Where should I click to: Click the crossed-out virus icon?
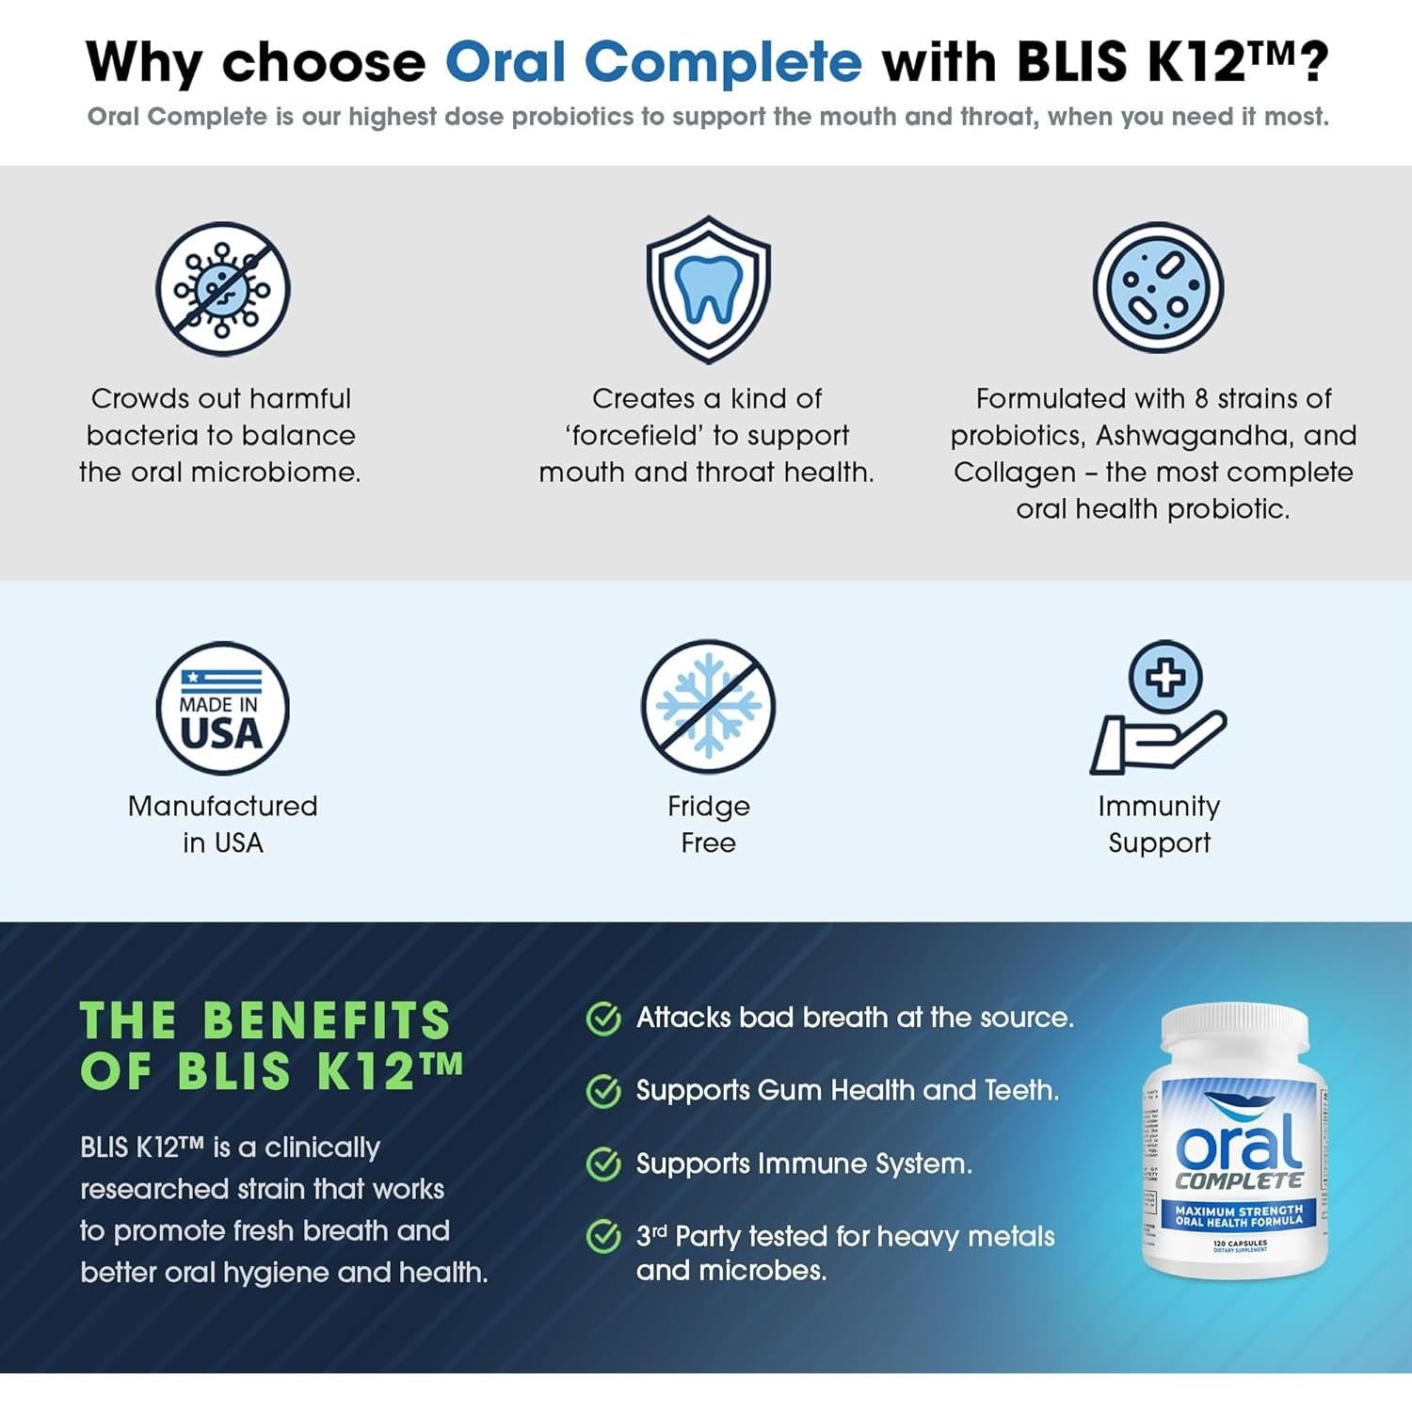(x=223, y=289)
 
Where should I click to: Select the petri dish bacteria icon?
(x=1158, y=288)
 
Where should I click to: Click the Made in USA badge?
(x=222, y=708)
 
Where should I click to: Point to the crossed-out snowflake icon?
(x=708, y=706)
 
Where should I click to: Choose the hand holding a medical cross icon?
(x=1159, y=711)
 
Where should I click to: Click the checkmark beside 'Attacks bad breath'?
(x=603, y=1019)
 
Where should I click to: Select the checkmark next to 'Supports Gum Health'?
(x=603, y=1091)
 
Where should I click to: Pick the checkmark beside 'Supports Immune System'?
(x=603, y=1164)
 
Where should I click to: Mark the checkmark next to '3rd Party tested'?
(x=603, y=1236)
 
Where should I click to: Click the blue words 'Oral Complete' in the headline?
(x=653, y=62)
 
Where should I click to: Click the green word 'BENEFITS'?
(x=327, y=1020)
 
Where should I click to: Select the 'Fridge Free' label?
(x=708, y=824)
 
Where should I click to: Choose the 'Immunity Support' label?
(x=1159, y=824)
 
